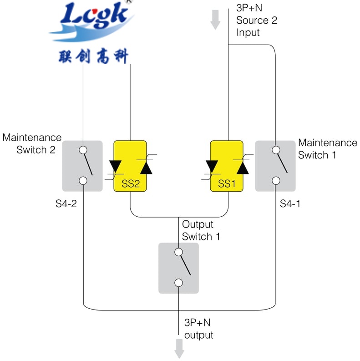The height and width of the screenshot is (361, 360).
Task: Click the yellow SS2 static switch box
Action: pos(130,167)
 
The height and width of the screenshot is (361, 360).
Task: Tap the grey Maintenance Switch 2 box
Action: pos(82,166)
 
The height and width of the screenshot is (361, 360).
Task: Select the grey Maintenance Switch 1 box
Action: pos(275,166)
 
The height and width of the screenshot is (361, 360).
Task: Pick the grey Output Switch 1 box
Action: pos(178,268)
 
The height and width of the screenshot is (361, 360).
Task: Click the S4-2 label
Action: pos(66,203)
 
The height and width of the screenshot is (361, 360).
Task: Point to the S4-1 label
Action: pos(290,203)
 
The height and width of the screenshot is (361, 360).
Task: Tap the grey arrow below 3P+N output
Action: pos(179,350)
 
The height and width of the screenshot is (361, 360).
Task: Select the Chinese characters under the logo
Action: pos(94,57)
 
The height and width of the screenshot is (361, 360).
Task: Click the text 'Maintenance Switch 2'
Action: pos(32,143)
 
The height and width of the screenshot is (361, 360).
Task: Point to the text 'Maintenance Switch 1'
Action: pos(327,149)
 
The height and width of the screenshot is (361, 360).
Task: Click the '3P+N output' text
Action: pos(198,329)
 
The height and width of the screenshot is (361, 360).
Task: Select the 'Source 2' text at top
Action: pos(257,20)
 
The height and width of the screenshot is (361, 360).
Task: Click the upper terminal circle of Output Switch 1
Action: pos(179,252)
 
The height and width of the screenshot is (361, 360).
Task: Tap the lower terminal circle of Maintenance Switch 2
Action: pos(83,181)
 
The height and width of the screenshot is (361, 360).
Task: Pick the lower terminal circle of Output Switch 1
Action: pos(179,283)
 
